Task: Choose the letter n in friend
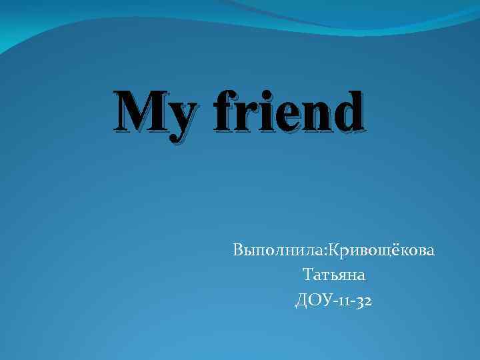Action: [319, 115]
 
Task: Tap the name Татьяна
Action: [335, 275]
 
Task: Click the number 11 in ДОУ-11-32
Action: [342, 301]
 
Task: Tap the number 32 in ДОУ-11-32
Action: [364, 301]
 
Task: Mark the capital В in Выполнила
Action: [238, 251]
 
